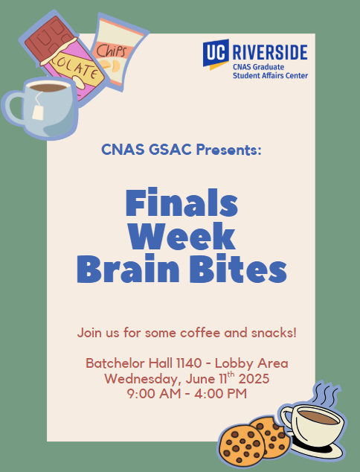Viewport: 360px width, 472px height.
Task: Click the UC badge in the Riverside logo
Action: coord(216,54)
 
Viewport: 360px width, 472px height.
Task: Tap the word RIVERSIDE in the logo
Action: coord(270,52)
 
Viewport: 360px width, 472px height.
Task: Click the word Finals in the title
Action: coord(181,202)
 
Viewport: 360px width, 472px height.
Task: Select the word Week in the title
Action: coord(181,236)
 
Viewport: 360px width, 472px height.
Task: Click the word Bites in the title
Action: coord(238,269)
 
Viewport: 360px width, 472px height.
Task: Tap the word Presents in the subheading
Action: coord(228,150)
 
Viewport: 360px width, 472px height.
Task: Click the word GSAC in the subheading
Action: coord(170,150)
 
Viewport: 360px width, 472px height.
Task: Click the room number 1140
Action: coord(189,363)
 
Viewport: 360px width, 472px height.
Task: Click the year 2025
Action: coord(254,379)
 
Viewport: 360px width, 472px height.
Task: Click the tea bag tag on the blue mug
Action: coord(38,113)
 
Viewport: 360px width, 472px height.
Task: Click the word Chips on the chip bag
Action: coord(112,51)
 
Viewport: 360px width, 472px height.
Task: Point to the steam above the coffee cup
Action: coord(326,395)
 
